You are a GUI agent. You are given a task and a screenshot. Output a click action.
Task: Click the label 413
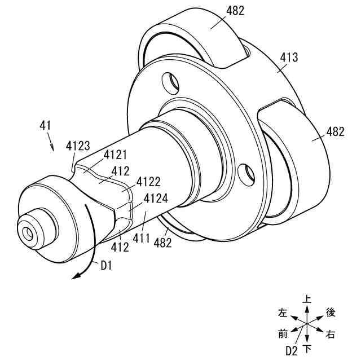click(x=289, y=58)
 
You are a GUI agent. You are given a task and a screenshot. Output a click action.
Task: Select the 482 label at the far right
click(x=335, y=132)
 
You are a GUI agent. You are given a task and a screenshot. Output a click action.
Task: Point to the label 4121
click(x=115, y=155)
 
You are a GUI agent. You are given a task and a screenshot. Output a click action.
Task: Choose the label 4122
click(x=148, y=182)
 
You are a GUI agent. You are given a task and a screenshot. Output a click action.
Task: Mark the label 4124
click(x=155, y=199)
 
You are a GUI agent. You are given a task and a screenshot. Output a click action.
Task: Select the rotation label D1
click(x=106, y=266)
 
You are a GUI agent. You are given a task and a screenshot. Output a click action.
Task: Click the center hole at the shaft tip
click(x=27, y=231)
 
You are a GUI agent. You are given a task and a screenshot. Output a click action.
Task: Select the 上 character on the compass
click(x=307, y=300)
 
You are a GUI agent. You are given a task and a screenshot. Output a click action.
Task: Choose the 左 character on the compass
click(x=283, y=312)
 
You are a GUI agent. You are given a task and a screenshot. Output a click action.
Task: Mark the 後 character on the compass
click(x=331, y=312)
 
